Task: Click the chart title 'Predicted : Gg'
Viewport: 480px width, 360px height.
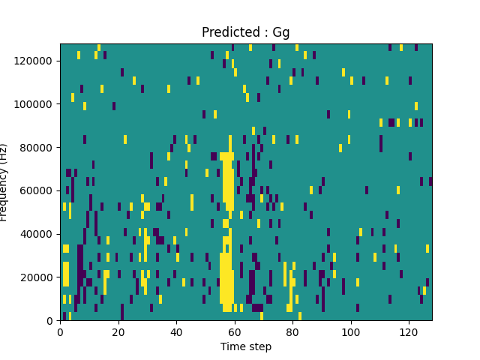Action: click(x=245, y=33)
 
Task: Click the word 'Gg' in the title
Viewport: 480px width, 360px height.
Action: click(x=281, y=33)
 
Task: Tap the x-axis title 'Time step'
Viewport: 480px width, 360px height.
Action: click(x=245, y=346)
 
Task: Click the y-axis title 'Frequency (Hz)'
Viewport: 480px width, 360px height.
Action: click(x=4, y=182)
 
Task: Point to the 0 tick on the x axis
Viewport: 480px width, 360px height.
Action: click(x=60, y=331)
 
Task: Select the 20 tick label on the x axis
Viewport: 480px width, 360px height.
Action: click(x=118, y=331)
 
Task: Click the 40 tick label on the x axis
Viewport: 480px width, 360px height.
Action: click(x=176, y=331)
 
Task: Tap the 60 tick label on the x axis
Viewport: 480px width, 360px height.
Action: click(x=234, y=331)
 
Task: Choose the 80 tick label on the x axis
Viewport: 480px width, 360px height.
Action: click(x=292, y=331)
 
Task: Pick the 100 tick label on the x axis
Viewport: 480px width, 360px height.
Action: click(x=350, y=331)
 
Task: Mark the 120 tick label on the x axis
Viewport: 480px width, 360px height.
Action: click(x=409, y=331)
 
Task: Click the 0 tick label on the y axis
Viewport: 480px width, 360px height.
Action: click(x=49, y=320)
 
